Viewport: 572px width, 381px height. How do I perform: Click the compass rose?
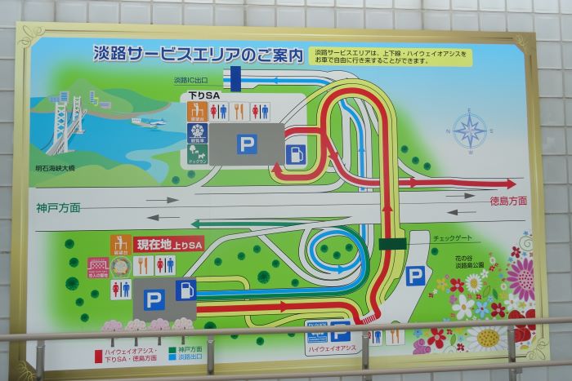(470, 130)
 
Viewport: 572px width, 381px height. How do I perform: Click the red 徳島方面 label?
(508, 201)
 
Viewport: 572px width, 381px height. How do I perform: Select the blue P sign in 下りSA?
(247, 144)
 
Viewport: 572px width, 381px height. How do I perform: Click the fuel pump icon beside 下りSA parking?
(295, 153)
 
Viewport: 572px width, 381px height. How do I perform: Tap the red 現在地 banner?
(168, 244)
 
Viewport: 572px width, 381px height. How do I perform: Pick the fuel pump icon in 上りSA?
(186, 290)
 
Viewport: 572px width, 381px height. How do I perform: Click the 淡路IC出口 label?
(191, 80)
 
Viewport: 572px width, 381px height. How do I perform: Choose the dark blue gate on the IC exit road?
(235, 79)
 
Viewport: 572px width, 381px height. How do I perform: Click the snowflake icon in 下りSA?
(197, 110)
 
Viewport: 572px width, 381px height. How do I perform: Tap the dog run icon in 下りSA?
(197, 152)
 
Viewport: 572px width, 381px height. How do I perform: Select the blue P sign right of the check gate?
(416, 276)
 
